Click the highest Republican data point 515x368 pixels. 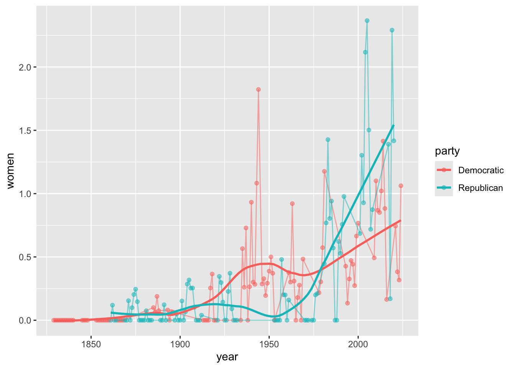[x=367, y=21]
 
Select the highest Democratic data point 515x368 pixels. [x=258, y=89]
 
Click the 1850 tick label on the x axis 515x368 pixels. [x=91, y=344]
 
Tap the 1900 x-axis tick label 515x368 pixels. [x=180, y=344]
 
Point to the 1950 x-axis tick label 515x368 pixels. [x=269, y=344]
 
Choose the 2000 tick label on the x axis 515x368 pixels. [x=358, y=344]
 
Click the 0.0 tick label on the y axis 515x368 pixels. [x=26, y=320]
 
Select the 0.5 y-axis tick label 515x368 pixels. [x=26, y=257]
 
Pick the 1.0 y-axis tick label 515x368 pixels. [x=26, y=194]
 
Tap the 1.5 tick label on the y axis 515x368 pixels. [x=26, y=131]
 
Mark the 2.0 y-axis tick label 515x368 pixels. [x=26, y=67]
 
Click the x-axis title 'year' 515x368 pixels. [x=227, y=357]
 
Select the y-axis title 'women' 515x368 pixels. [x=10, y=171]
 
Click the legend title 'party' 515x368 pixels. [x=447, y=151]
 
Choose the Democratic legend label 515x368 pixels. [x=481, y=170]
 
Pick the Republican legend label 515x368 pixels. [x=481, y=188]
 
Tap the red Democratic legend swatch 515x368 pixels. [x=444, y=170]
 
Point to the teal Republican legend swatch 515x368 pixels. [x=444, y=187]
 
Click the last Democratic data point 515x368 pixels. [x=401, y=186]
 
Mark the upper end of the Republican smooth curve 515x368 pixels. [x=394, y=125]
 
